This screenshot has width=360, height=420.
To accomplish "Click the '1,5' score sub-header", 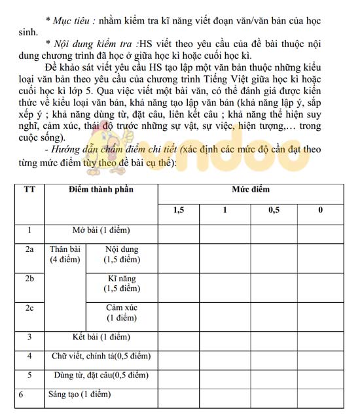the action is point(179,210).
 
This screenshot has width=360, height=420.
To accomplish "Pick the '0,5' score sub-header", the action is point(274,210).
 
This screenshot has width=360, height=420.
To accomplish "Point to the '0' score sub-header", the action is point(320,210).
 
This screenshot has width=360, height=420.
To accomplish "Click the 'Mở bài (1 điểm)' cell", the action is point(101,230).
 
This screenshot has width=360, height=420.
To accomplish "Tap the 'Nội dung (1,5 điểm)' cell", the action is point(122,254).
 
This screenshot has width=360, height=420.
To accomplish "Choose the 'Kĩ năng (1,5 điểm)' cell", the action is point(122,284).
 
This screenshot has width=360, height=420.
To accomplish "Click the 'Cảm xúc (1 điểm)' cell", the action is point(122,313).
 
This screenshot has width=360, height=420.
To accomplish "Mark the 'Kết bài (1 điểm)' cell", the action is point(101,338).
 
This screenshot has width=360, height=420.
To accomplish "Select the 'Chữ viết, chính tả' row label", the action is point(101,357).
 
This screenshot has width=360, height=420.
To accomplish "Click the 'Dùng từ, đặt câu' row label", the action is point(101,376).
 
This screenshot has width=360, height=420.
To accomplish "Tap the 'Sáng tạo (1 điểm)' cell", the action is point(80,394).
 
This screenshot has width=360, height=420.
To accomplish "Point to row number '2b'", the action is point(29,279).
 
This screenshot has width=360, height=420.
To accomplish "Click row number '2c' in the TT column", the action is point(29,308).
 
